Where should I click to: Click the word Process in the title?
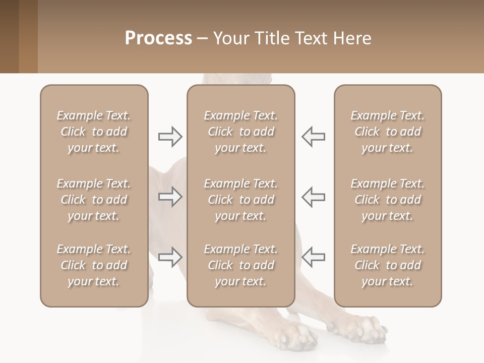click(x=158, y=38)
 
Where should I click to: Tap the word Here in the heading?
click(x=351, y=38)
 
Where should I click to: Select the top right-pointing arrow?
click(x=170, y=137)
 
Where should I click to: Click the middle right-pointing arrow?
click(x=170, y=197)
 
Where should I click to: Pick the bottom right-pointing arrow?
click(x=170, y=257)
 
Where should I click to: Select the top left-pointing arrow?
click(x=313, y=137)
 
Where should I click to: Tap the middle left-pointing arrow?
click(x=313, y=197)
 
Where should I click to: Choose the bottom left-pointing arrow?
click(x=313, y=257)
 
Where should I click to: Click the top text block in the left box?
click(x=94, y=132)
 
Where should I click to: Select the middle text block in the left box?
click(x=94, y=200)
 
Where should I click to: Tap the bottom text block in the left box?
click(x=94, y=265)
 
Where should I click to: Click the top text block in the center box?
click(x=240, y=132)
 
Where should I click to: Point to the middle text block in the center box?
click(x=240, y=200)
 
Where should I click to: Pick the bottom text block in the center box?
click(x=240, y=265)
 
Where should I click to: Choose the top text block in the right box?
click(x=387, y=132)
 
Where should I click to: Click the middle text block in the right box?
click(x=387, y=200)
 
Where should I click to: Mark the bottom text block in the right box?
click(x=387, y=265)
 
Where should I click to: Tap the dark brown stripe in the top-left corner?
click(x=9, y=36)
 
